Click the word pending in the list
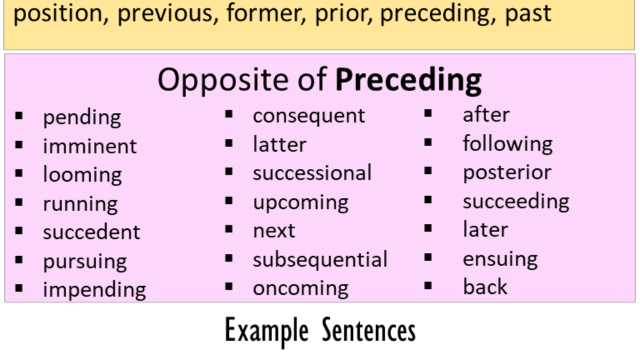(82, 118)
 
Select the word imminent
(90, 146)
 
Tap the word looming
(82, 175)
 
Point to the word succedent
(91, 231)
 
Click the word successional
(312, 172)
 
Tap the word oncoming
(301, 289)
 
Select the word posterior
(507, 173)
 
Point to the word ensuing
(500, 259)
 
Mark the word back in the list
(485, 286)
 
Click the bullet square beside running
(19, 202)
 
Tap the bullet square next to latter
(229, 143)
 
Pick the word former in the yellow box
(266, 13)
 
